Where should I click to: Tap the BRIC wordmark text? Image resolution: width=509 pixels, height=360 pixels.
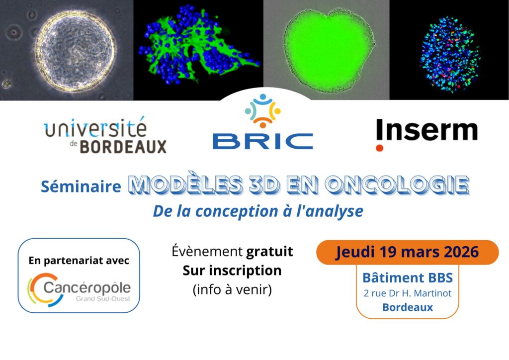[x=263, y=141]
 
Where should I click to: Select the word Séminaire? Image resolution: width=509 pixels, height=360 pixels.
[x=81, y=186]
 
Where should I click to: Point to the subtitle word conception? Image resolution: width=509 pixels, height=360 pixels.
[x=239, y=211]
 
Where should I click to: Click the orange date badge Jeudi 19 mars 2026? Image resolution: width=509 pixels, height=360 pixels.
[x=407, y=252]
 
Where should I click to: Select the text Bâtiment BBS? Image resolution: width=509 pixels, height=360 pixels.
[x=407, y=277]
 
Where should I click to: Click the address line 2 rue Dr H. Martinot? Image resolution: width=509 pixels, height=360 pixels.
[x=407, y=293]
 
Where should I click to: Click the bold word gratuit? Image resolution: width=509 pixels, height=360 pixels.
[x=270, y=252]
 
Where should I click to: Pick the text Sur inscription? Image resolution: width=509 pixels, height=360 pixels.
[x=232, y=270]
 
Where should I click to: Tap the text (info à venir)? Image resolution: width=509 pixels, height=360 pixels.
[x=232, y=289]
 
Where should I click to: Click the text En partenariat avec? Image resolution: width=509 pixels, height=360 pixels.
[x=79, y=261]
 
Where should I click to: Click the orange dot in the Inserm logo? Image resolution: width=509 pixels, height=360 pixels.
[x=380, y=147]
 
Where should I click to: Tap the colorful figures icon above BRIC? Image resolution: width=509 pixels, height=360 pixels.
[x=263, y=110]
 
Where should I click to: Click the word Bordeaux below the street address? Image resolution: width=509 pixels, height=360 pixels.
[x=407, y=307]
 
